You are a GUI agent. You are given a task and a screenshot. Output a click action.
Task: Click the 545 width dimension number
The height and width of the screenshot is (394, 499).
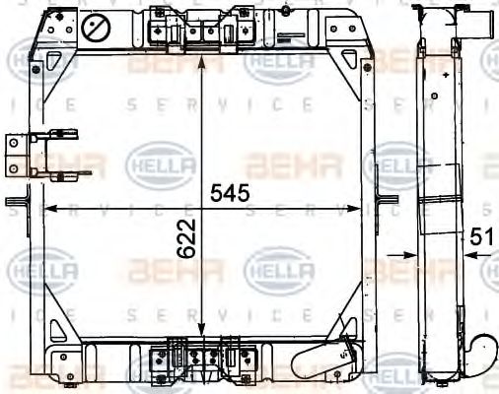point(230,192)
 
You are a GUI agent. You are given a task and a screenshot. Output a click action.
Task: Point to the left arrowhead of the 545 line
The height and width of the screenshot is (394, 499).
point(50,208)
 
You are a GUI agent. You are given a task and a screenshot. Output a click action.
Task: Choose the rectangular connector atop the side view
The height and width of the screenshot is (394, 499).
point(471,21)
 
